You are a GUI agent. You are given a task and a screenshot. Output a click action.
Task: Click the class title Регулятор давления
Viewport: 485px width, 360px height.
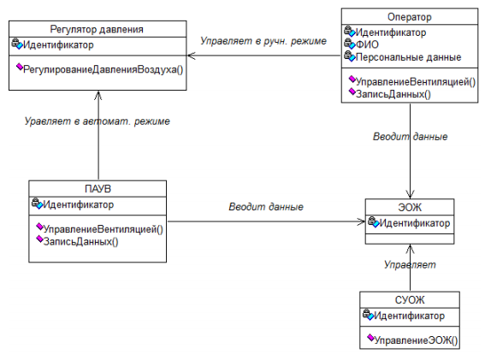(97, 29)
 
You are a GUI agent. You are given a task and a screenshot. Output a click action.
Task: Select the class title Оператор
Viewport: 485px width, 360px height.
(410, 17)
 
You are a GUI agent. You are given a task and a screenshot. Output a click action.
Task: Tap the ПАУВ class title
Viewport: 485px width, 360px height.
(98, 189)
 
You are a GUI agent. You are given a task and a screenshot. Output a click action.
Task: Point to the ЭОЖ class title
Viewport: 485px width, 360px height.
(410, 207)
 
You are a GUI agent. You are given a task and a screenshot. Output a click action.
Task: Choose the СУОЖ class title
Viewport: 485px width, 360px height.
(410, 299)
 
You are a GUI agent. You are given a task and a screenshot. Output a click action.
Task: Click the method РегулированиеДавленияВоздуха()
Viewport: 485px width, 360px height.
(103, 69)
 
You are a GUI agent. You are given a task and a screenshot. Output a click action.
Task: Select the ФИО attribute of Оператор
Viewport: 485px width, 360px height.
(367, 44)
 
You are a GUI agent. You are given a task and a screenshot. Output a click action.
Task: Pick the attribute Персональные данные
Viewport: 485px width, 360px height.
(409, 57)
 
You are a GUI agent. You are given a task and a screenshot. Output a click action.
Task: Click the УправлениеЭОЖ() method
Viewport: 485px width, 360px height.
(416, 340)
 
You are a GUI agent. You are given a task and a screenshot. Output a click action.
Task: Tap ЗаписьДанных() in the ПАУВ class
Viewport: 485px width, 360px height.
(80, 241)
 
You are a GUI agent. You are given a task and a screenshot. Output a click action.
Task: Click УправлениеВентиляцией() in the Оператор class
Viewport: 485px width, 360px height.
(416, 82)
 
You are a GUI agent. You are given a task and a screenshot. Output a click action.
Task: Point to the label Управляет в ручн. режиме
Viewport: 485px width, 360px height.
(263, 41)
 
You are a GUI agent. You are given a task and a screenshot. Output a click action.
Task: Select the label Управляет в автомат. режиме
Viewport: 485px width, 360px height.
(98, 121)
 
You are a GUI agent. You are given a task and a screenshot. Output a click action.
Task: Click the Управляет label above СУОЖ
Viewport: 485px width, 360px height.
(410, 265)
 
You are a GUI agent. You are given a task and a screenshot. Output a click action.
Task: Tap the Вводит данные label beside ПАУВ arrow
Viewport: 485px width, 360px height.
(266, 207)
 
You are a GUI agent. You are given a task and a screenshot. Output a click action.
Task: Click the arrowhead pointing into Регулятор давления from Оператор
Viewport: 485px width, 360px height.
(191, 56)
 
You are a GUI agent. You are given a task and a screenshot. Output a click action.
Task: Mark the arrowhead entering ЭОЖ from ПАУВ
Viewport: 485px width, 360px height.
(361, 221)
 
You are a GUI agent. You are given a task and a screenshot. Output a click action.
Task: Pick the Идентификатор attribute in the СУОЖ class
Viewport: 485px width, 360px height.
(409, 316)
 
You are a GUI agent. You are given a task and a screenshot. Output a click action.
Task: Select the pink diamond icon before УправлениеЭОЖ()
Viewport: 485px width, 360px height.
(370, 338)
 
